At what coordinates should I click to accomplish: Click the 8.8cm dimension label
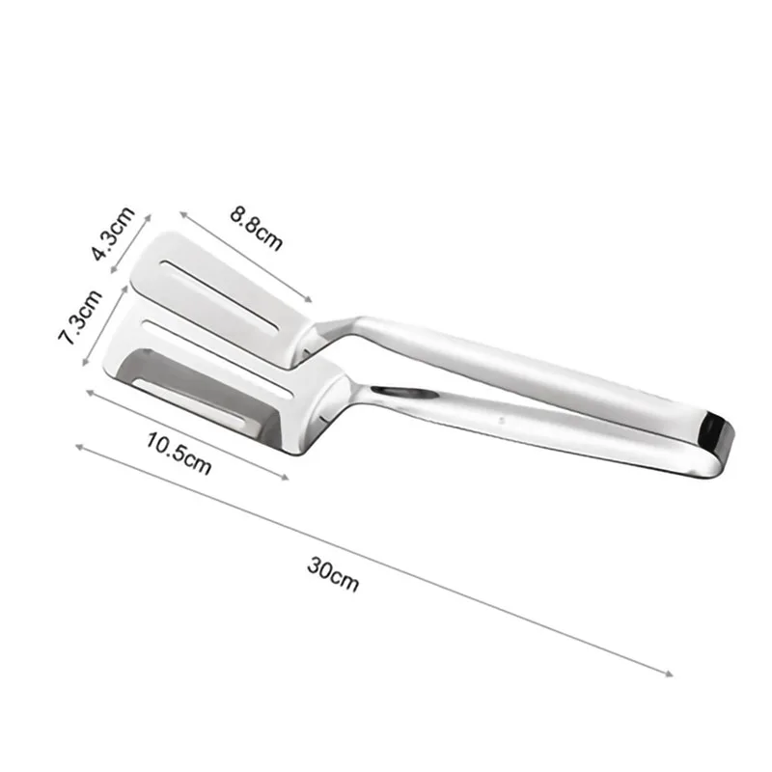pos(257,228)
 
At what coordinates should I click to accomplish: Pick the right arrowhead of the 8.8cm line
pos(310,301)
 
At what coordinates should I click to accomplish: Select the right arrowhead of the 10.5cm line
pos(287,475)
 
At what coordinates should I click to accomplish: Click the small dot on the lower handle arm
pos(503,421)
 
